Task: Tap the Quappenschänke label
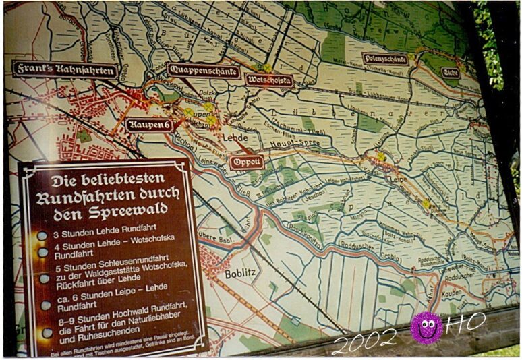(x=204, y=69)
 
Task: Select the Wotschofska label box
(x=270, y=81)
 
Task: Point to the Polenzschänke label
(x=385, y=59)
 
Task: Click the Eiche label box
(x=451, y=72)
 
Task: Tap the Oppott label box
(x=246, y=162)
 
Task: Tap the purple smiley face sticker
(x=427, y=328)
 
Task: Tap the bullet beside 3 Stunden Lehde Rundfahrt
(x=42, y=236)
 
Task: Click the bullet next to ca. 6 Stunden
(x=45, y=305)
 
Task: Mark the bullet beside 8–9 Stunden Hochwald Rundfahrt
(x=47, y=332)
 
